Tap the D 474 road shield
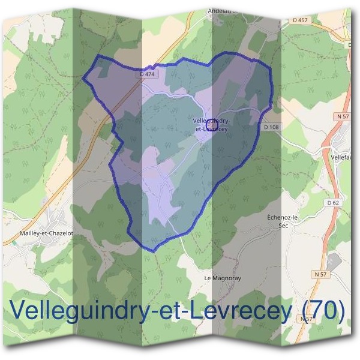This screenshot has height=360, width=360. [146, 74]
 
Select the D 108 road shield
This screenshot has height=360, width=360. [272, 127]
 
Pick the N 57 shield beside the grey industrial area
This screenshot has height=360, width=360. [322, 274]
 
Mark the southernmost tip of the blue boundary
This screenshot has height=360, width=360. [153, 250]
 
